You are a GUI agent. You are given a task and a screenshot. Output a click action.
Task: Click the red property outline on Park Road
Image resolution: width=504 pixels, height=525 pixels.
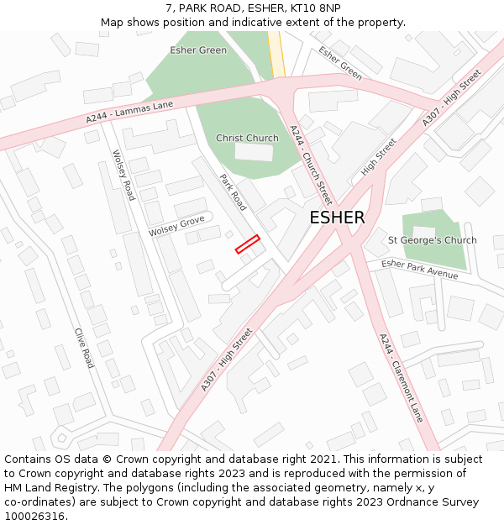coord(247,244)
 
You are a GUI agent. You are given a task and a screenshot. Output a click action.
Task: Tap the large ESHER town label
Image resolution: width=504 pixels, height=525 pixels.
coord(337,218)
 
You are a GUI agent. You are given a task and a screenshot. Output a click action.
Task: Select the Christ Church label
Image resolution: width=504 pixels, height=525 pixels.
coord(247,138)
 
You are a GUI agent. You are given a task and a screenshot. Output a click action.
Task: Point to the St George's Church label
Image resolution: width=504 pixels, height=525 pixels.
coord(432,240)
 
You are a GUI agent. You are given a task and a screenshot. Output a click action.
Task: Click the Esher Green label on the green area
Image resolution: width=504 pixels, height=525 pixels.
coord(198,50)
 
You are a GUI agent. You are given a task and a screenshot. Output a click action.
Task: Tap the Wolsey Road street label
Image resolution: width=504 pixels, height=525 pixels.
coord(124,176)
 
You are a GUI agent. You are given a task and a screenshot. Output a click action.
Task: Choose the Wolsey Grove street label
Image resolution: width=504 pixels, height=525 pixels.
coord(176,225)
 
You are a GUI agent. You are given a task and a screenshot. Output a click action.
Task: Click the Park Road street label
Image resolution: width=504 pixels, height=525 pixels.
coord(233,192)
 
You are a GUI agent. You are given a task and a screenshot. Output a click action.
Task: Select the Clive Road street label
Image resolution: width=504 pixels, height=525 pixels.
coord(83,348)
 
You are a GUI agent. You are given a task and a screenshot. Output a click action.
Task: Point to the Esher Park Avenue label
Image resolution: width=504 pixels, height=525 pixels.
coord(419,269)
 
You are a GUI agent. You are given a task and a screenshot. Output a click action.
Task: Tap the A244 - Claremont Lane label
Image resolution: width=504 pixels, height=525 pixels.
coord(401,378)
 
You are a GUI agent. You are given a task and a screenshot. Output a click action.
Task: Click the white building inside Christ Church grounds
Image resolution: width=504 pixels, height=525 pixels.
coord(254,152)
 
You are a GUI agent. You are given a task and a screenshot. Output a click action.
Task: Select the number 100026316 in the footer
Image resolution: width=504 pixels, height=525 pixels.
coord(34,517)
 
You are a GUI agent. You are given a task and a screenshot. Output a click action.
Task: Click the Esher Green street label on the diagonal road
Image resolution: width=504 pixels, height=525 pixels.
coord(340,63)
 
